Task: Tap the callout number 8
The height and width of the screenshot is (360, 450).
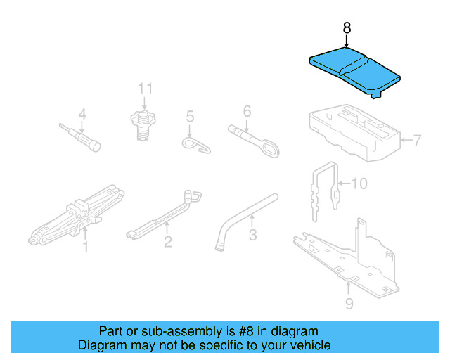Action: click(346, 28)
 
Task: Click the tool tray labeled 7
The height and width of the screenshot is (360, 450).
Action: click(352, 130)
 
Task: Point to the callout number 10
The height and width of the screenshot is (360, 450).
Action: click(359, 184)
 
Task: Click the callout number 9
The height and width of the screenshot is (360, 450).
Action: click(349, 304)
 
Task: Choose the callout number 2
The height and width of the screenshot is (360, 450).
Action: click(168, 243)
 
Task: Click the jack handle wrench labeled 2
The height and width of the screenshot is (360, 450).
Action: click(162, 214)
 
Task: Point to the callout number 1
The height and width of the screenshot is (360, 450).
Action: click(86, 247)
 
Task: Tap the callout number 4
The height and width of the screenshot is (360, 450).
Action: click(82, 114)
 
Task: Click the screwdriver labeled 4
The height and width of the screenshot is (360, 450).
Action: click(81, 137)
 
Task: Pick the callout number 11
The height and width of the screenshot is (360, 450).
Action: click(145, 89)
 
